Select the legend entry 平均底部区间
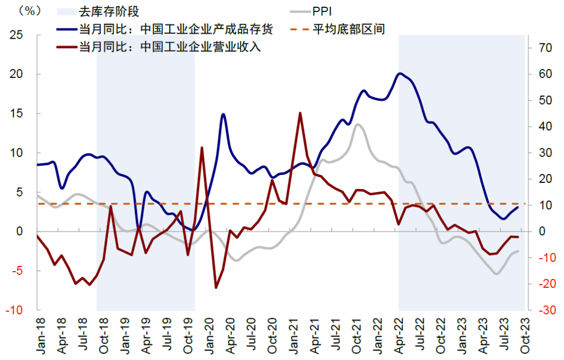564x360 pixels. [349, 29]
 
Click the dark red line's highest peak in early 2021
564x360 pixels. [300, 113]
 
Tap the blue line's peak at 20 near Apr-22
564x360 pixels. [399, 74]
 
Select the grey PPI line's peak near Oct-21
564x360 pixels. [357, 124]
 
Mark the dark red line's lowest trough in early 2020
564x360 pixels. [216, 287]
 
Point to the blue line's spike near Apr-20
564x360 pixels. [223, 114]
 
